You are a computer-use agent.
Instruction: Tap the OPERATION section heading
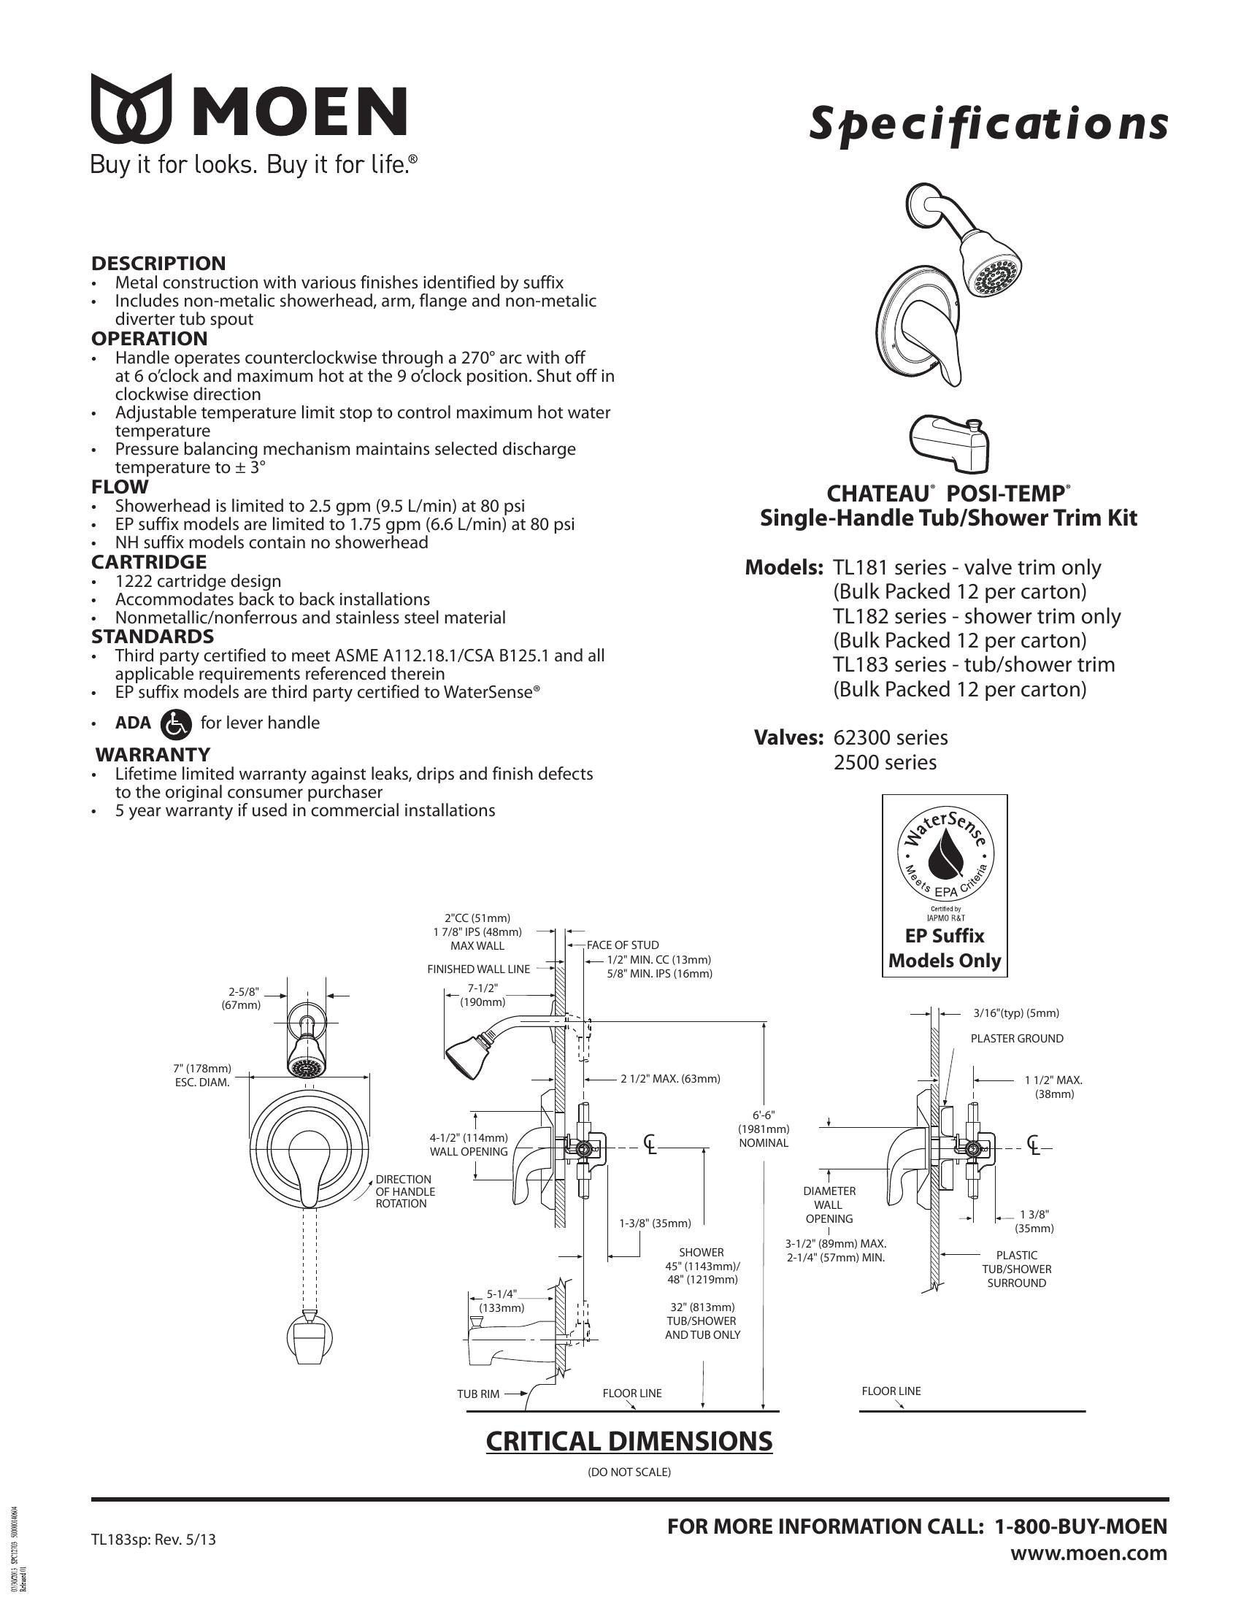149,339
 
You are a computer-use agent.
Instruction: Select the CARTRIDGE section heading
149,562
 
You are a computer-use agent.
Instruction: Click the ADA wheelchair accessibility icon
175,723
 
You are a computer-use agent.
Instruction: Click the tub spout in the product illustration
948,442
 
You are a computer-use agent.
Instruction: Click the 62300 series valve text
891,737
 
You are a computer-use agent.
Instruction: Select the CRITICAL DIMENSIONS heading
629,1441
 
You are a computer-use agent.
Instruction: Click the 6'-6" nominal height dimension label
764,1129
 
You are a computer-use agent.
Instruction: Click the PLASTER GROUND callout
1017,1038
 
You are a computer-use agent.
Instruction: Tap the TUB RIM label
478,1394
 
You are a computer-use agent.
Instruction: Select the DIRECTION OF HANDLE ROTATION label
405,1191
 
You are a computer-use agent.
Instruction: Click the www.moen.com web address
1088,1553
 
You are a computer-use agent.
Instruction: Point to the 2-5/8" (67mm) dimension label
244,997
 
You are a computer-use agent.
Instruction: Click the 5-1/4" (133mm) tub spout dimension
502,1301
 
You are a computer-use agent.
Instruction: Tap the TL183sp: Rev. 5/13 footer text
153,1538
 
